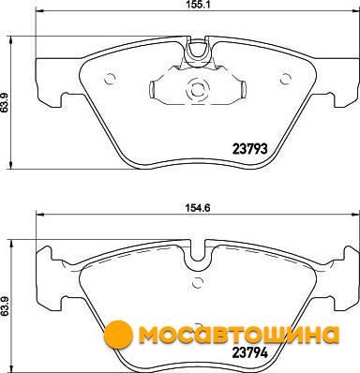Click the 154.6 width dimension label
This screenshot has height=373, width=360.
(198, 207)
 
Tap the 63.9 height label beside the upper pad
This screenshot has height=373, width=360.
(4, 103)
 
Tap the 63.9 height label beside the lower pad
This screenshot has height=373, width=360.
(4, 307)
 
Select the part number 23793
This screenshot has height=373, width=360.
(249, 149)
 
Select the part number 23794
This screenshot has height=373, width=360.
(249, 352)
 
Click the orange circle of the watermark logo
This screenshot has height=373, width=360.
(118, 335)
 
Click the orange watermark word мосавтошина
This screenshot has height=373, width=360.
(239, 336)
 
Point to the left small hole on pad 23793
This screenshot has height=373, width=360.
(110, 79)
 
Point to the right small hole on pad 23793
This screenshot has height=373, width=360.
(286, 79)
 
